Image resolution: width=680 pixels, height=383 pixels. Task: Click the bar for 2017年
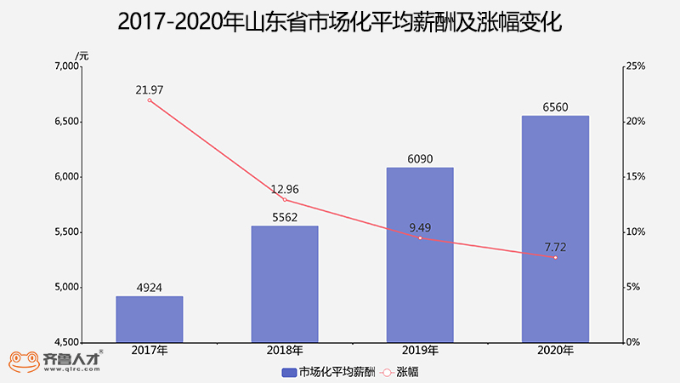click(150, 319)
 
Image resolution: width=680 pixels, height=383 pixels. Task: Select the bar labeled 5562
click(285, 284)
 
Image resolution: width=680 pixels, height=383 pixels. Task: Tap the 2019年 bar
click(420, 254)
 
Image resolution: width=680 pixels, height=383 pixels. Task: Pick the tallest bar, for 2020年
click(555, 229)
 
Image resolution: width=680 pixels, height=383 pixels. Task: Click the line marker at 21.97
click(150, 100)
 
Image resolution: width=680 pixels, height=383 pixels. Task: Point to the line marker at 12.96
click(285, 200)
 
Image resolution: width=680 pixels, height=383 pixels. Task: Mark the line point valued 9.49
click(420, 238)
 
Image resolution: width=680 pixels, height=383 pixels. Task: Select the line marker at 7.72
click(555, 257)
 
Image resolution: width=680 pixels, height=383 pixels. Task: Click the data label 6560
click(555, 107)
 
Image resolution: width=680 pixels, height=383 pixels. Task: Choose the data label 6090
click(420, 159)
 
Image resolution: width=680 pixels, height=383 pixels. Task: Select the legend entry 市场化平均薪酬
click(328, 372)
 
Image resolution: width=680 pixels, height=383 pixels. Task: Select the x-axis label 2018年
click(285, 351)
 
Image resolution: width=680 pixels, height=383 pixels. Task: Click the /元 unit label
click(81, 56)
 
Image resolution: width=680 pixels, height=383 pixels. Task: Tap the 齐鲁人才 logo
click(56, 361)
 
